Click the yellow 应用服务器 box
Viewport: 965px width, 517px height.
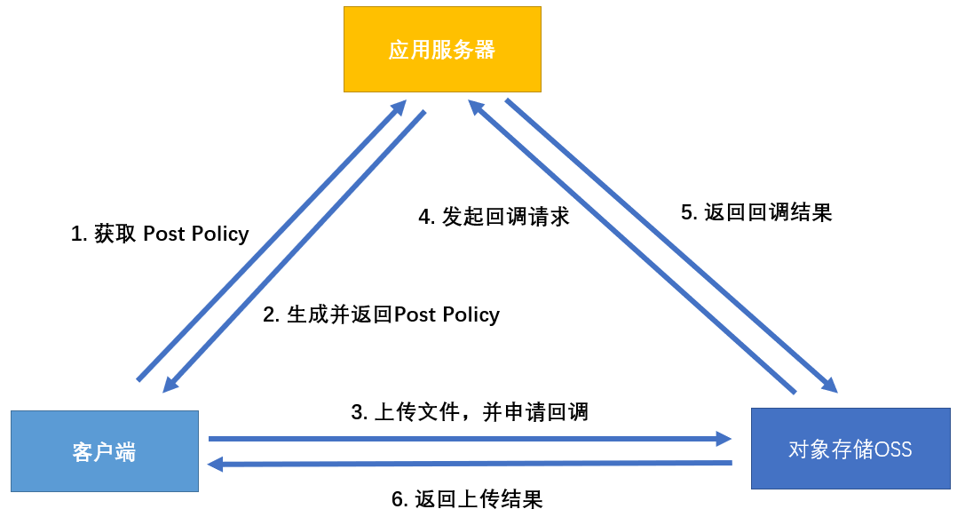coord(442,50)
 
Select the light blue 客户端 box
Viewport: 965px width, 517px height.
coord(105,450)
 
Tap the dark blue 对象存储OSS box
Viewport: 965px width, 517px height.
coord(850,449)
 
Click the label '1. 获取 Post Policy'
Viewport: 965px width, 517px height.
coord(160,234)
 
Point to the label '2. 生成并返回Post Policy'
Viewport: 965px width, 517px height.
coord(382,314)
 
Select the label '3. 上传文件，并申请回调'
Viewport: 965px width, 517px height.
coord(470,412)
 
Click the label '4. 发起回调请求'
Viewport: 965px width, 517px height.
coord(494,217)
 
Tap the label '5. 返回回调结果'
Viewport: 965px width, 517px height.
coord(755,212)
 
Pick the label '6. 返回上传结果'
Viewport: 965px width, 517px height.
coord(467,499)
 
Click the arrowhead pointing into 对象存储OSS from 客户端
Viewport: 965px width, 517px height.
coord(724,438)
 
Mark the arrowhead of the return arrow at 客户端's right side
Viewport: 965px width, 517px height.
coord(216,464)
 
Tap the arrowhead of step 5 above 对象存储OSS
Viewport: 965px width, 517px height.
coord(830,385)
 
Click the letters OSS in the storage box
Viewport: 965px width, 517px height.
coord(892,449)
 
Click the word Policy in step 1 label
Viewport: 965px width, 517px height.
coord(219,234)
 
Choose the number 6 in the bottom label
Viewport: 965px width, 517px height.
coord(397,499)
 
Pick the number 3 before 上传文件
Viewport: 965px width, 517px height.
coord(357,412)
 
